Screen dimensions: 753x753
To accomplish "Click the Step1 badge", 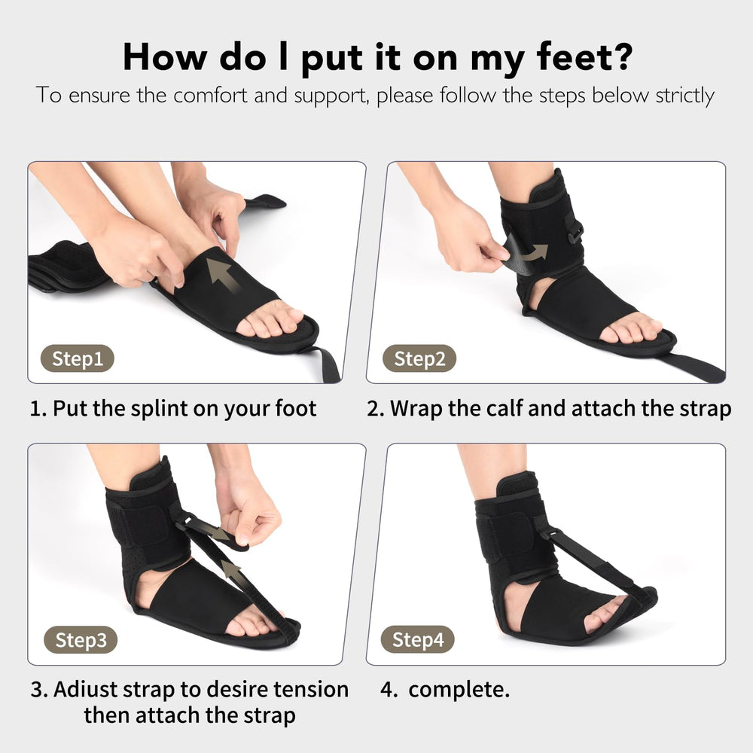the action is (x=78, y=358).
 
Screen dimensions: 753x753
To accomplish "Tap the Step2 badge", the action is (x=419, y=358).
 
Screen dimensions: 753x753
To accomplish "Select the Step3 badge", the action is (x=81, y=639).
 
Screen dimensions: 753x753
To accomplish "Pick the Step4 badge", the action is (x=417, y=639).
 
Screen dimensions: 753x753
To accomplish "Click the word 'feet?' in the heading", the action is (x=584, y=57).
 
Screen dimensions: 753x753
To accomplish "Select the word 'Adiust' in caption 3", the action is (x=84, y=690).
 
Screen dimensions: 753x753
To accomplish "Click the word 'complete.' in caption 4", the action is (x=459, y=691).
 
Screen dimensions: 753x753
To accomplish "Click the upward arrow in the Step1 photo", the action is (x=223, y=276).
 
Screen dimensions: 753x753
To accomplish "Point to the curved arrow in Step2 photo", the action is (x=535, y=252).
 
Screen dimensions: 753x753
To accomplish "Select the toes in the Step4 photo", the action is (x=603, y=617).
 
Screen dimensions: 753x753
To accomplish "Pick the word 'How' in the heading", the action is (x=166, y=57).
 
